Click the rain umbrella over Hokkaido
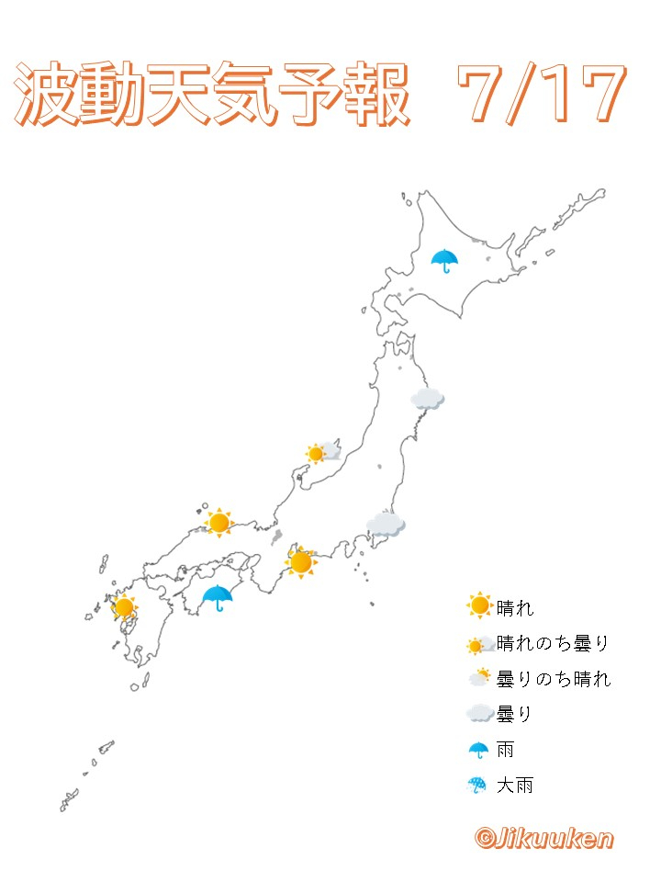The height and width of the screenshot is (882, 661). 445,260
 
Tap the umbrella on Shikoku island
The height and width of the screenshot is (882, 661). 217,598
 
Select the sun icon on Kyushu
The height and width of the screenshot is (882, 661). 124,606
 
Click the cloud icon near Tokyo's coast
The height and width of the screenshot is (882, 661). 386,525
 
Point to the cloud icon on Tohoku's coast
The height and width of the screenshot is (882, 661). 427,398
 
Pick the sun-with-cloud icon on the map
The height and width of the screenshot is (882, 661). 321,452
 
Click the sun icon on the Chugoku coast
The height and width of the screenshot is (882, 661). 218,523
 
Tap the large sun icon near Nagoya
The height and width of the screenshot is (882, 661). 300,560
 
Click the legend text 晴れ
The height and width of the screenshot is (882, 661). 514,606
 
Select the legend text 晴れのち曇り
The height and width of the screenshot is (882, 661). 553,643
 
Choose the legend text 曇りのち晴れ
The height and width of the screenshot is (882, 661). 553,679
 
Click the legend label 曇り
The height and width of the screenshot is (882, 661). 514,714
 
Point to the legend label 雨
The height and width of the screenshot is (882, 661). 505,750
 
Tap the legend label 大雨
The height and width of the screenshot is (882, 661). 514,786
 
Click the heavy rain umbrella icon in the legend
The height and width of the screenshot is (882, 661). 478,786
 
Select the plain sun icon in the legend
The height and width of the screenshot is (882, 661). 479,605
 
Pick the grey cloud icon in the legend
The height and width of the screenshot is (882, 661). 479,714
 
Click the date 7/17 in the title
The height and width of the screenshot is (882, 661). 542,95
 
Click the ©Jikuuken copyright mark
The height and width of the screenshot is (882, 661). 543,838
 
